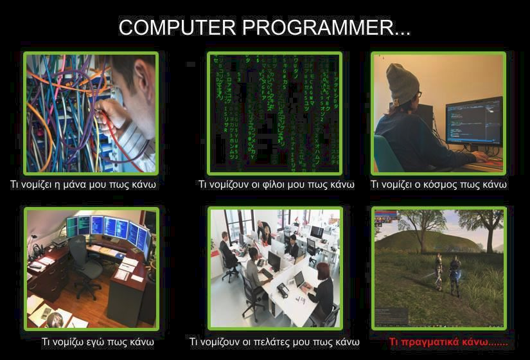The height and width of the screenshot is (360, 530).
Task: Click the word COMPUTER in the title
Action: tap(177, 27)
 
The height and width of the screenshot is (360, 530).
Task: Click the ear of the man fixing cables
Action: tap(141, 72)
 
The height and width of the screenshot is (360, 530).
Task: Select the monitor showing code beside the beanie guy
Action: tap(474, 122)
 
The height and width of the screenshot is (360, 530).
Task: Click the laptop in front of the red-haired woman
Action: tap(300, 280)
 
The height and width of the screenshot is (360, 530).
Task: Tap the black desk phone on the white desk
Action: tap(283, 290)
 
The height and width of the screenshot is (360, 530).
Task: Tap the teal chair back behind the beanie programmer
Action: tap(385, 154)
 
